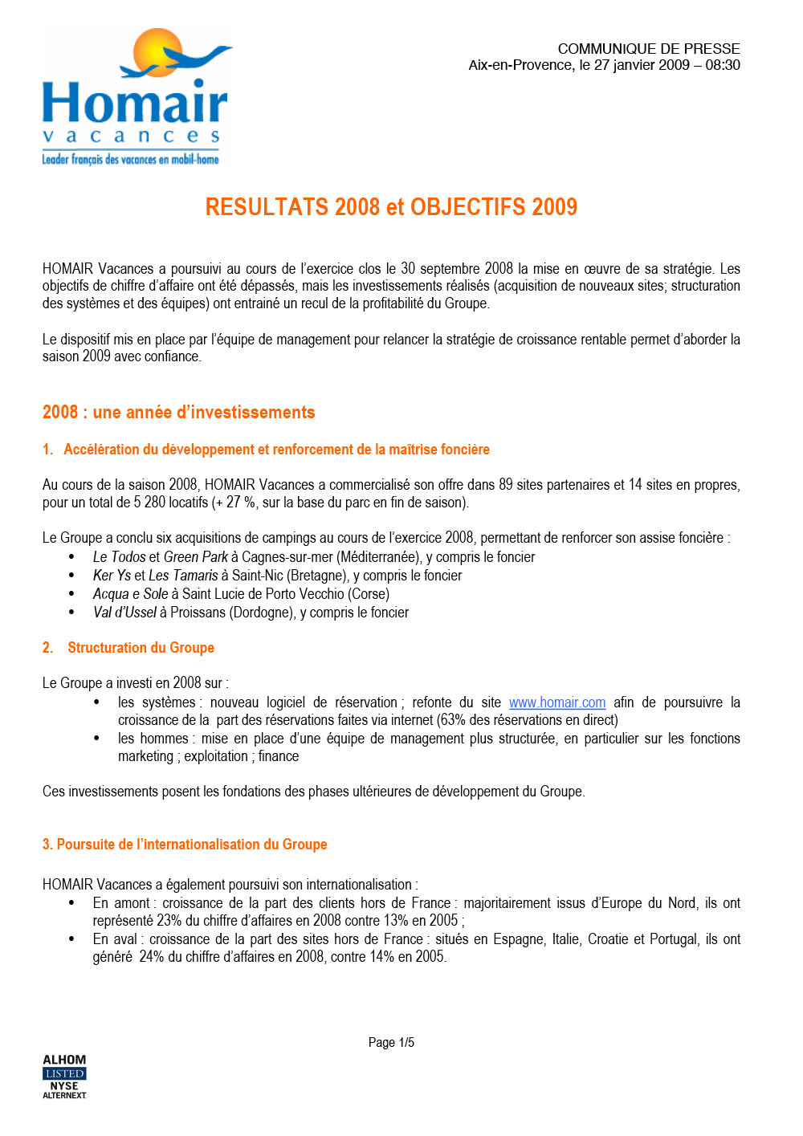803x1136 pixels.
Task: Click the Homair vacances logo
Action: pyautogui.click(x=135, y=98)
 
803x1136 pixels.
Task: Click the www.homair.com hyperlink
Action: pyautogui.click(x=556, y=702)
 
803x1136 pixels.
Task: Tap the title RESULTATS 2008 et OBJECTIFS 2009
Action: pyautogui.click(x=391, y=207)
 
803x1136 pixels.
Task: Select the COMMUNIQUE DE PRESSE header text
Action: pyautogui.click(x=648, y=49)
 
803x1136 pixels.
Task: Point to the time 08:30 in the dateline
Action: pyautogui.click(x=723, y=66)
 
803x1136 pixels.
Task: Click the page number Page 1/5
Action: pyautogui.click(x=391, y=1042)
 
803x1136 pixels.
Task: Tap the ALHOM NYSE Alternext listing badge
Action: pyautogui.click(x=64, y=1077)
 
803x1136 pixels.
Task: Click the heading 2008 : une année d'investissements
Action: pyautogui.click(x=178, y=413)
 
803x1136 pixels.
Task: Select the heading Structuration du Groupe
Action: pyautogui.click(x=141, y=648)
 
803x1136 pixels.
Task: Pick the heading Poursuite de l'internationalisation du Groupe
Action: pyautogui.click(x=191, y=845)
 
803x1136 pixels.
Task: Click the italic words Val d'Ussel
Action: pyautogui.click(x=124, y=613)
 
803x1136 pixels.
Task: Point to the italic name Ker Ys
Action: pyautogui.click(x=112, y=576)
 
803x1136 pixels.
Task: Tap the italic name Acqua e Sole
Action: pyautogui.click(x=130, y=594)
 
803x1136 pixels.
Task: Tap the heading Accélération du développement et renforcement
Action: pyautogui.click(x=276, y=450)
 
